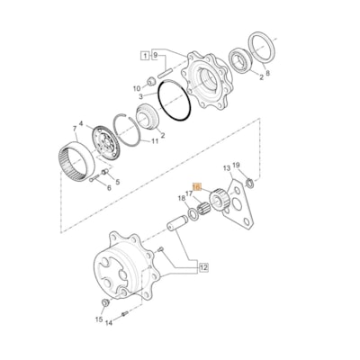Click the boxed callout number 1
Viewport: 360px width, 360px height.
pyautogui.click(x=145, y=55)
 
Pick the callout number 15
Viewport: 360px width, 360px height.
pyautogui.click(x=98, y=319)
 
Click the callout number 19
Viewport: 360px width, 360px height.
pyautogui.click(x=236, y=166)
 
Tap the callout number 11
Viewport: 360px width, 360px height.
pyautogui.click(x=155, y=140)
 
